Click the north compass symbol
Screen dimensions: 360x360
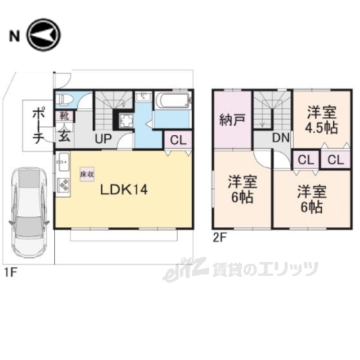coord(43,34)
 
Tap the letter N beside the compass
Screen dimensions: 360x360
coord(13,35)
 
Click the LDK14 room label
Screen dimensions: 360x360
coord(124,189)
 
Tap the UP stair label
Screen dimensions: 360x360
coord(103,139)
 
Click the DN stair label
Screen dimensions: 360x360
coord(280,137)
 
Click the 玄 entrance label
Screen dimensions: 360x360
coord(64,136)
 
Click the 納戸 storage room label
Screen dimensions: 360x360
coord(232,119)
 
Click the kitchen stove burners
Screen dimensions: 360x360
coord(63,185)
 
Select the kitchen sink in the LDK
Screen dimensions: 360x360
coord(62,162)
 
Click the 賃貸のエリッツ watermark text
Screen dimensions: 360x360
coord(266,268)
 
